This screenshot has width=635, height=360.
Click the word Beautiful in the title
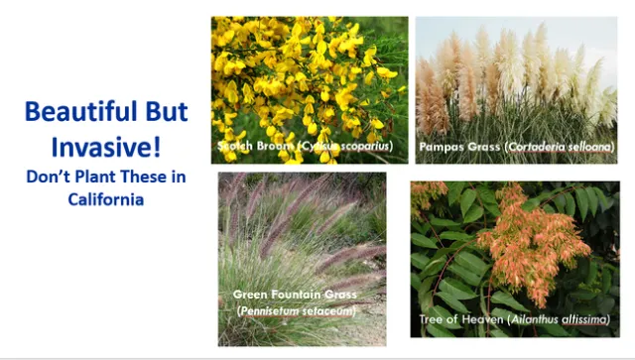70,111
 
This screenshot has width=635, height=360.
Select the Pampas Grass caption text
516,147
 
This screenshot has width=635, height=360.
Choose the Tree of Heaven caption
515,319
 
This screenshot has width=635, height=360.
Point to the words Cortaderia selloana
561,147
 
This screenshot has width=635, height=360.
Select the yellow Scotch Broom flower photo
309,79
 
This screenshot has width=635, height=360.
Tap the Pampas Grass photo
516,79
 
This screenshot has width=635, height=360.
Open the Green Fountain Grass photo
302,238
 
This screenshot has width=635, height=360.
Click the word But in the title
158,111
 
